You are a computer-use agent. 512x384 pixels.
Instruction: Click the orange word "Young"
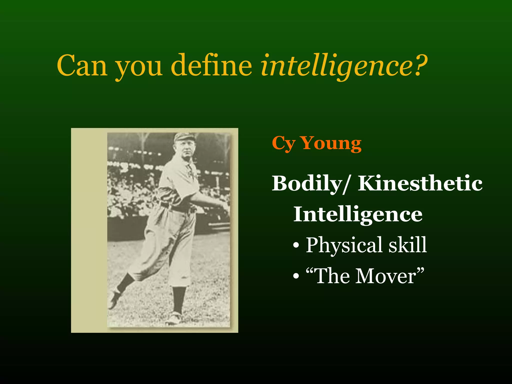pyautogui.click(x=331, y=143)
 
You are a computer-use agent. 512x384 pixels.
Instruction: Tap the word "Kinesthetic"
pyautogui.click(x=420, y=183)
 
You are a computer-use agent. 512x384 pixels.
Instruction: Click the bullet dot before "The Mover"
pyautogui.click(x=296, y=277)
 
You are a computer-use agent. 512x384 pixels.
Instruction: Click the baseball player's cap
pyautogui.click(x=182, y=136)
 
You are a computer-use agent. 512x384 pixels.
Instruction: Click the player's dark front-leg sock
pyautogui.click(x=179, y=299)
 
